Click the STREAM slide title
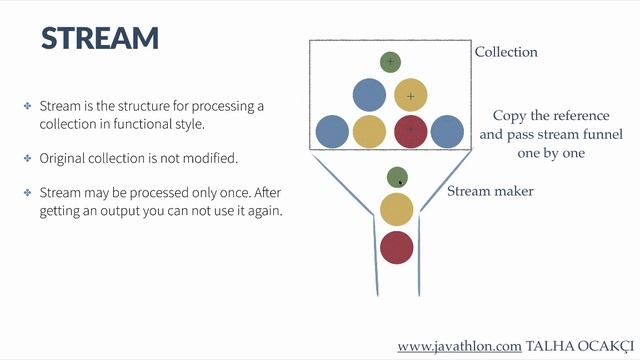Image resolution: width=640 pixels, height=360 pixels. coord(100,38)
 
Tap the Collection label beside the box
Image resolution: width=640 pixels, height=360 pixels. coord(505,52)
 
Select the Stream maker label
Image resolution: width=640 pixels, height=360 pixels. coord(490,190)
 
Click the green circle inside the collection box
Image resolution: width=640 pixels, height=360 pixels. coord(390,62)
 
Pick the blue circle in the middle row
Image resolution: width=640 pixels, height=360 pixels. coord(369,96)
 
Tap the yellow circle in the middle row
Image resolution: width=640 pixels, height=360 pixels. coord(411,96)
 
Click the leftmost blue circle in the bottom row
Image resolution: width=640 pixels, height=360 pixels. coord(332,131)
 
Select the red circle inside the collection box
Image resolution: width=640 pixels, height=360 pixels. coord(411,131)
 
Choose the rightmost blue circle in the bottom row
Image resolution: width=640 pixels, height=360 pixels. coord(447,131)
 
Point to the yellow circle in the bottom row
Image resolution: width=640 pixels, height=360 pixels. coord(369,131)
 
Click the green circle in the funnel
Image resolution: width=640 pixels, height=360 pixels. coord(397,177)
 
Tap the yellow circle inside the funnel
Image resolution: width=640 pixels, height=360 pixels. coord(397,210)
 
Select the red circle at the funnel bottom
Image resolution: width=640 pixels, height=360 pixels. coord(397,246)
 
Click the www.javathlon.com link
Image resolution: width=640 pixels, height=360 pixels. coord(459,346)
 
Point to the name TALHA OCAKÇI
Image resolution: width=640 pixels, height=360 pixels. coord(579,346)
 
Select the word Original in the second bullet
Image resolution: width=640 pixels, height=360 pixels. coord(63,158)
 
